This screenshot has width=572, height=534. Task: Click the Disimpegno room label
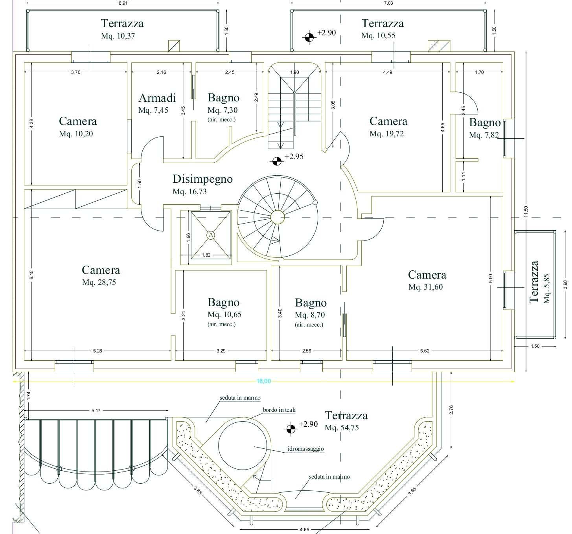pyautogui.click(x=202, y=179)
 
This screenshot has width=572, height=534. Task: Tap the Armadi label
pyautogui.click(x=157, y=98)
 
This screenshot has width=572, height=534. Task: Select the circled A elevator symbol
pyautogui.click(x=211, y=235)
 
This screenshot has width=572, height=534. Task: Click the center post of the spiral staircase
pyautogui.click(x=277, y=217)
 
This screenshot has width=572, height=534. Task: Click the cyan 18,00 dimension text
pyautogui.click(x=264, y=381)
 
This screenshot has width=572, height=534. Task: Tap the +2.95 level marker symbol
pyautogui.click(x=277, y=161)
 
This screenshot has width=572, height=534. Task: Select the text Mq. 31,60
pyautogui.click(x=425, y=287)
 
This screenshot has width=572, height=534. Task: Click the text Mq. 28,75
pyautogui.click(x=99, y=283)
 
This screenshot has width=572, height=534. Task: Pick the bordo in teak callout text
pyautogui.click(x=279, y=410)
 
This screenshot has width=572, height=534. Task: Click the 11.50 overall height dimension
pyautogui.click(x=526, y=211)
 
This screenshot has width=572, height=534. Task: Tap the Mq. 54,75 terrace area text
pyautogui.click(x=342, y=428)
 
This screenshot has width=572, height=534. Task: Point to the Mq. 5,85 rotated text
pyautogui.click(x=547, y=288)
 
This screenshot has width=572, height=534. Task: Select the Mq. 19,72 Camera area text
pyautogui.click(x=386, y=134)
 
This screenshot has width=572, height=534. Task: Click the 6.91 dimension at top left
pyautogui.click(x=123, y=3)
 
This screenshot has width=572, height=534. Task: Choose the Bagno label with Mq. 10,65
pyautogui.click(x=223, y=303)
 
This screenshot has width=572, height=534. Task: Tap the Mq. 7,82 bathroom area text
pyautogui.click(x=484, y=135)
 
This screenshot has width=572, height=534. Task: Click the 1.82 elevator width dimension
pyautogui.click(x=206, y=255)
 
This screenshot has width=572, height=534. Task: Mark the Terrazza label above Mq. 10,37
pyautogui.click(x=122, y=23)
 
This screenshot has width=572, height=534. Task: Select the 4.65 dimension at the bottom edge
pyautogui.click(x=304, y=529)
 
